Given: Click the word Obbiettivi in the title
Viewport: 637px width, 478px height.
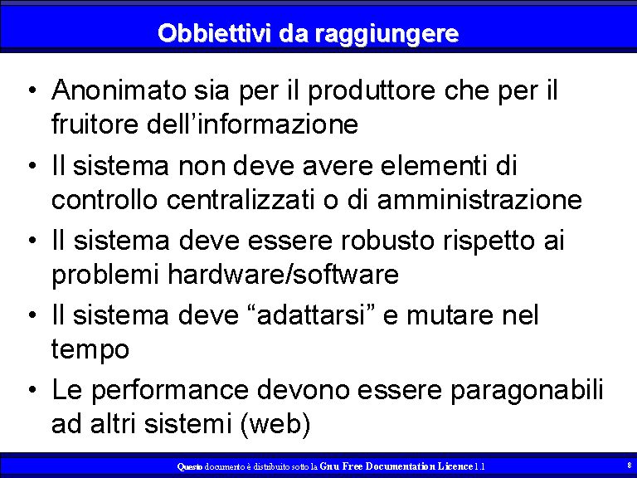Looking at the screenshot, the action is coord(214,33).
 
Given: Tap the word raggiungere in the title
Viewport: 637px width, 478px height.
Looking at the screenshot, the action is coord(387,35).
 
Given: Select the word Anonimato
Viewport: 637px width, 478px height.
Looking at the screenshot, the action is coord(119,90).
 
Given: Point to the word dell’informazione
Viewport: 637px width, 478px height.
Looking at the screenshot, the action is coord(252,123).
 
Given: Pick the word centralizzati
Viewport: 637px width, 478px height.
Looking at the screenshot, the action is coord(241,199).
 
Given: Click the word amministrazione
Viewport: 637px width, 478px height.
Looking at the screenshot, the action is coord(479,199).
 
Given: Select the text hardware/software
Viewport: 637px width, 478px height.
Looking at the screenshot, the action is coord(283,274).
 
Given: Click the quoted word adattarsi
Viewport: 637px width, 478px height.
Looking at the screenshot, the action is coord(311,315).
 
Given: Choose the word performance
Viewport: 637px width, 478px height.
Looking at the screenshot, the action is coord(170,391).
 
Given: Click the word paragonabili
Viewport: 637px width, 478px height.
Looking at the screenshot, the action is coord(527,391).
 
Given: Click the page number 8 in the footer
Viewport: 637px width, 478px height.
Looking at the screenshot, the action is coord(630,466).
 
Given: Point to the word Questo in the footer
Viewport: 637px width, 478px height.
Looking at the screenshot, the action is coord(190,466).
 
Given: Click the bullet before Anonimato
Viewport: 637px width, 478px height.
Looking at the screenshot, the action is coord(32,90).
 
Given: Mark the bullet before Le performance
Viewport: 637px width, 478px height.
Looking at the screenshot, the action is coord(32,390).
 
